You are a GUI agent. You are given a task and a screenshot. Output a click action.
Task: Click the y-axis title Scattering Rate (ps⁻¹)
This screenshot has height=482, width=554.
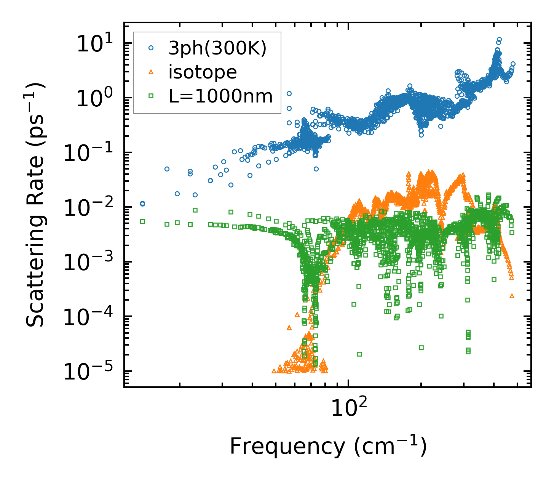[35, 205]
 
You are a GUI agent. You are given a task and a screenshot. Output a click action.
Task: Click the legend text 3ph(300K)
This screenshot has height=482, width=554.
[217, 48]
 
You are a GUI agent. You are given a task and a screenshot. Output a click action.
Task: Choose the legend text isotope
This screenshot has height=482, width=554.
[203, 72]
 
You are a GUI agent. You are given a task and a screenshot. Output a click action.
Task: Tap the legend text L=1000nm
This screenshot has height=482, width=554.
[221, 96]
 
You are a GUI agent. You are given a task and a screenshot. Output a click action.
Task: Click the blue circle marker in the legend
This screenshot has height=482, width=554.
[151, 48]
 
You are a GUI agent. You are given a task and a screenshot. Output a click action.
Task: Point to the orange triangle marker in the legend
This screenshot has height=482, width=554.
[151, 72]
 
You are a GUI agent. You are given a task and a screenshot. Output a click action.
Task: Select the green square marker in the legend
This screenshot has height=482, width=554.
[151, 96]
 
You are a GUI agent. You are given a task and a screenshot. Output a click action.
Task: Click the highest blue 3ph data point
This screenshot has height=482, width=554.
[499, 39]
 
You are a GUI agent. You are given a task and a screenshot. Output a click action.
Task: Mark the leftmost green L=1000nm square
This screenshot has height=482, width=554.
[142, 221]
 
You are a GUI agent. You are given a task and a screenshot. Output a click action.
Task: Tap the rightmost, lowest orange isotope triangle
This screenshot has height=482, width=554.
[512, 296]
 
